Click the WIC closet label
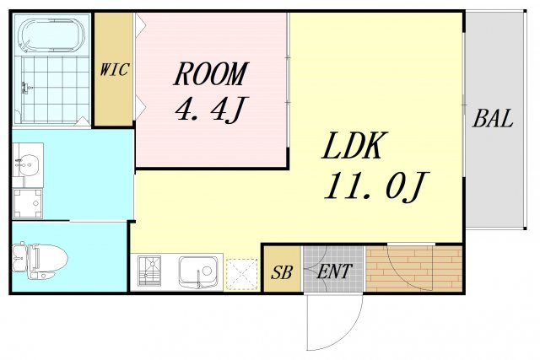[x=115, y=69]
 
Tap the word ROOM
[x=211, y=74]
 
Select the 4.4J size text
[x=211, y=110]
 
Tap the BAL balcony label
[x=493, y=118]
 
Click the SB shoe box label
[x=281, y=272]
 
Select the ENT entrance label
[x=334, y=271]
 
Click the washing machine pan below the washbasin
[x=28, y=204]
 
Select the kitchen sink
[x=199, y=272]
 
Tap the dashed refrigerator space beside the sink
[x=242, y=274]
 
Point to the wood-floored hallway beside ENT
[x=413, y=269]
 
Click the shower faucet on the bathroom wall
[x=25, y=88]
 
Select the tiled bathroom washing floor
[x=55, y=89]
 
